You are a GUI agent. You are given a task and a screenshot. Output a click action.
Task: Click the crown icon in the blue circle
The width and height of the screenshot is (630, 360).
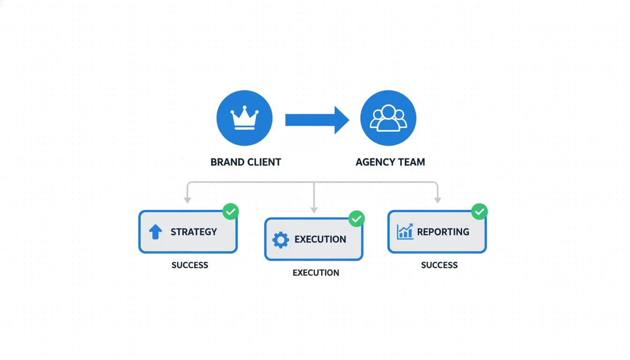(x=244, y=118)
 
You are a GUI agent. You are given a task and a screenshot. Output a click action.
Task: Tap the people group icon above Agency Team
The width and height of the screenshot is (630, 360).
(x=388, y=118)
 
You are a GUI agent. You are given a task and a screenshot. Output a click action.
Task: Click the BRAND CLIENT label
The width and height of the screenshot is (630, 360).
(x=246, y=162)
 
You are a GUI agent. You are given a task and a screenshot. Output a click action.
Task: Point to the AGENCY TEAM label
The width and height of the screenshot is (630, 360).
(x=390, y=162)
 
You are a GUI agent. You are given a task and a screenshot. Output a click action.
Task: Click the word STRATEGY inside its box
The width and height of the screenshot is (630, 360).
(x=194, y=232)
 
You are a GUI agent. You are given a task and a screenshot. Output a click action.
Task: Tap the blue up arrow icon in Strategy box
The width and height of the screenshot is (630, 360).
(x=155, y=232)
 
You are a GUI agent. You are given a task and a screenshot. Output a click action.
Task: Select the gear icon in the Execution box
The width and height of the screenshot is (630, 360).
(x=280, y=240)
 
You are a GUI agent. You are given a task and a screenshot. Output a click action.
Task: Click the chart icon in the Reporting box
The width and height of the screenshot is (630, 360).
(x=405, y=232)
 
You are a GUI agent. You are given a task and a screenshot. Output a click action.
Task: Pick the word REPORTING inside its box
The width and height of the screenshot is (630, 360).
(x=443, y=232)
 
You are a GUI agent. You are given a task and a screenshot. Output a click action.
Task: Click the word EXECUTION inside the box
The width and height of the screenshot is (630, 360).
(x=320, y=240)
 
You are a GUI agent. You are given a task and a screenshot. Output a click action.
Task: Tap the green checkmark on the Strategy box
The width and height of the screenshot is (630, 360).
(x=230, y=211)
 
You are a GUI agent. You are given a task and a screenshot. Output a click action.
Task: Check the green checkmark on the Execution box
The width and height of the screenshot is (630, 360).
(x=357, y=218)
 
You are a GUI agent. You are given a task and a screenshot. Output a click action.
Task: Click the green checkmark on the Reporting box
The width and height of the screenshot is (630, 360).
(x=479, y=211)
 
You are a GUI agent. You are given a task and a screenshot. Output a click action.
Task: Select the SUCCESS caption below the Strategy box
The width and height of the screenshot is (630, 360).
(x=190, y=265)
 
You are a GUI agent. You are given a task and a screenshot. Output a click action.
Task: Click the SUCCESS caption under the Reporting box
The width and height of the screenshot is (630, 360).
(x=439, y=265)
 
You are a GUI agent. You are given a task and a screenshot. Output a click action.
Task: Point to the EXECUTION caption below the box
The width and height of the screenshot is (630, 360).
(x=316, y=273)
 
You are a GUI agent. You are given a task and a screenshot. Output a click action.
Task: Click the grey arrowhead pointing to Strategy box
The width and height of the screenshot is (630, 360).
(x=187, y=200)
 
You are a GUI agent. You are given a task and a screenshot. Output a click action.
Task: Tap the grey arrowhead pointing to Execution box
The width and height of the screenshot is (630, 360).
(x=314, y=210)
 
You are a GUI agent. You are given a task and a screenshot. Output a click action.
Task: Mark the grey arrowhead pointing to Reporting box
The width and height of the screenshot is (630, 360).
(x=437, y=200)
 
